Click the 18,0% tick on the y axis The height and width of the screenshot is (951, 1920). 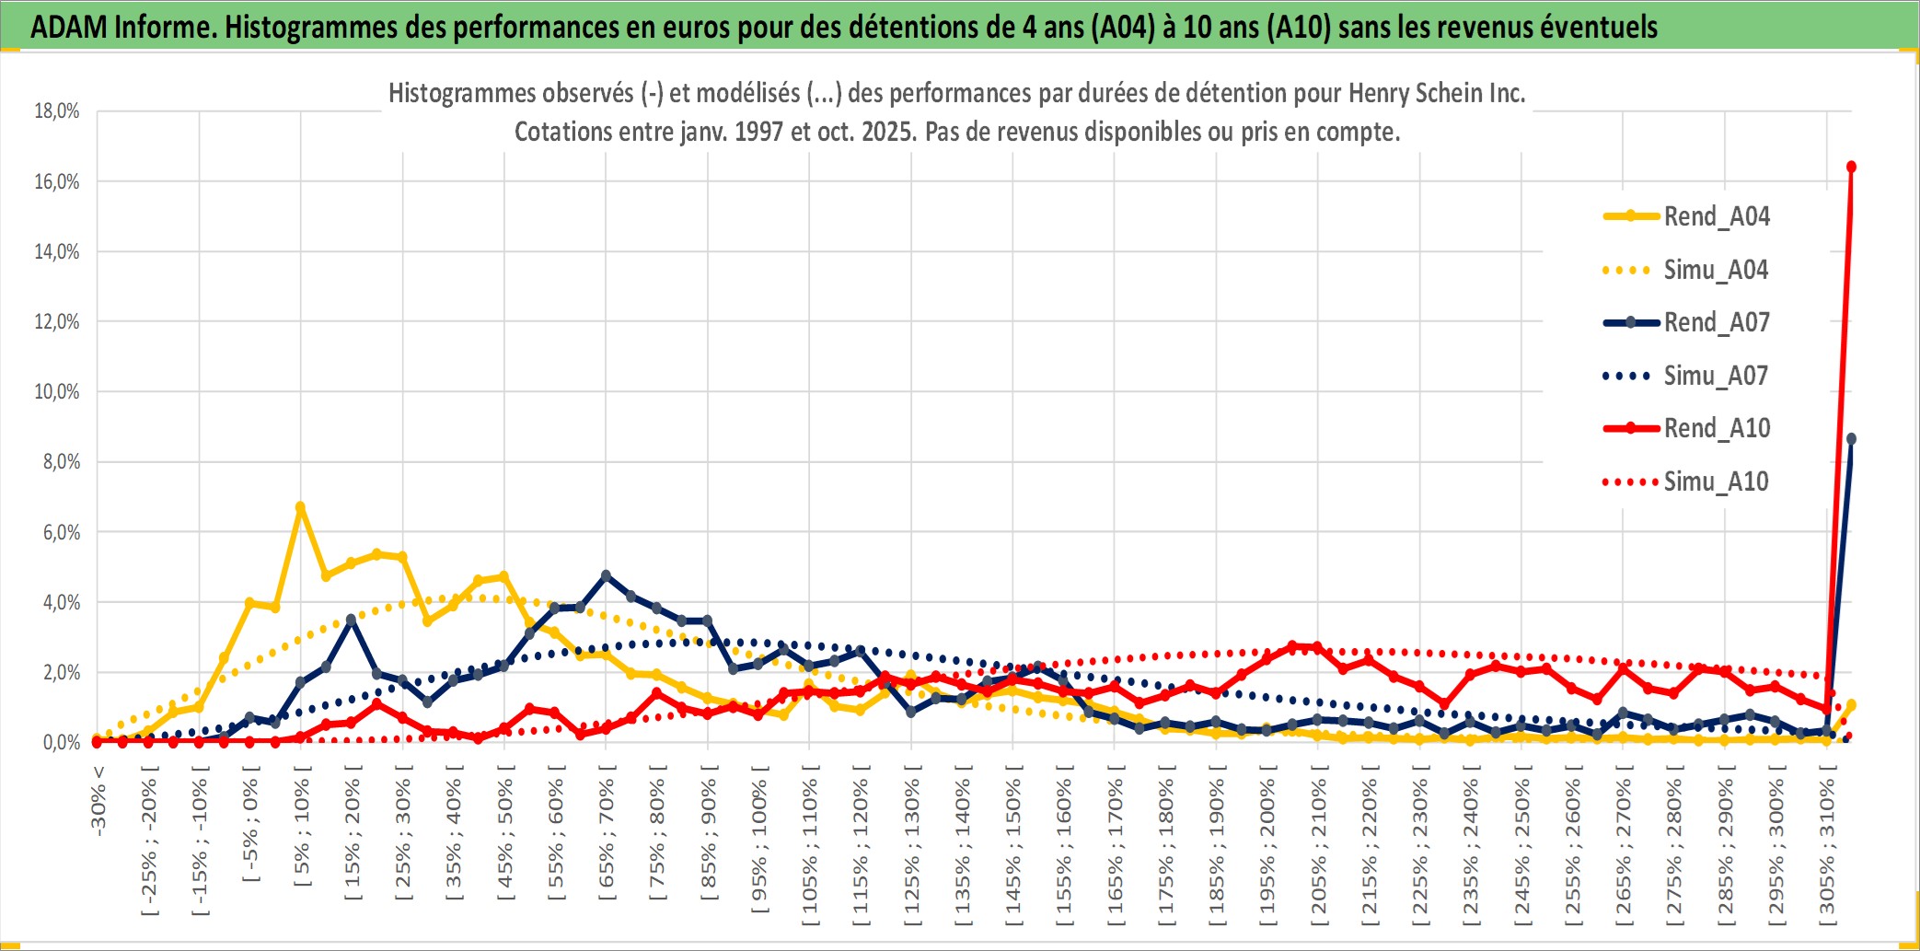(57, 111)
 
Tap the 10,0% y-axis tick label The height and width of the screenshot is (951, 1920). (57, 392)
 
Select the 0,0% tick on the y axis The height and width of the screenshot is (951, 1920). (61, 742)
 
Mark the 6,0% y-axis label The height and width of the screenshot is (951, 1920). (61, 532)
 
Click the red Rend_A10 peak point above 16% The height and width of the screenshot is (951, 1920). (1851, 167)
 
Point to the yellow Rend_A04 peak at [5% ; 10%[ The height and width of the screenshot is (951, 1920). (300, 506)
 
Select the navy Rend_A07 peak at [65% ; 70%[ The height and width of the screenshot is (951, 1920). (606, 575)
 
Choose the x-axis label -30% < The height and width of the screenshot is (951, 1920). (98, 801)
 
